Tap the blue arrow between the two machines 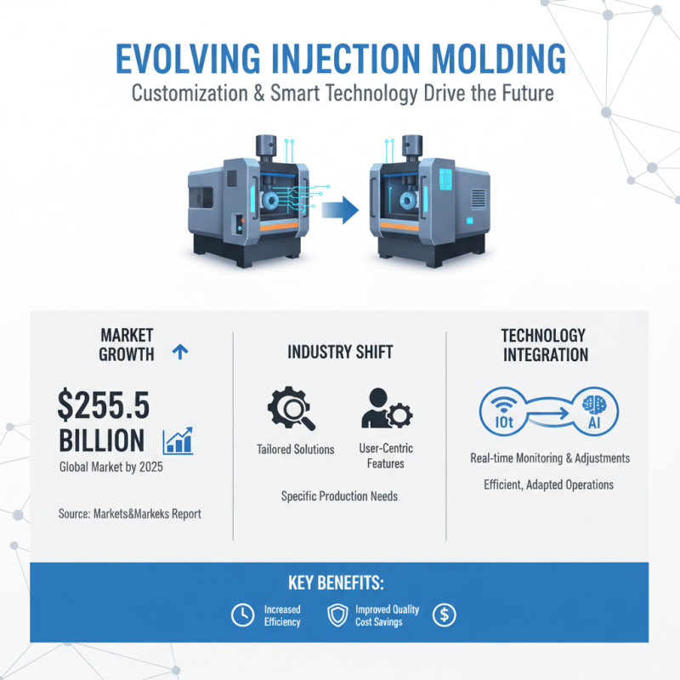[339, 209]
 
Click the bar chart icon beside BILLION [178, 439]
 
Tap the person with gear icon [386, 409]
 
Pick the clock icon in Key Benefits [242, 615]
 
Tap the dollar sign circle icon [444, 615]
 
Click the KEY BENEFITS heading [339, 584]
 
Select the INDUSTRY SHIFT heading [340, 352]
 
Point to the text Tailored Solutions [295, 449]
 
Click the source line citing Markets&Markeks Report [131, 513]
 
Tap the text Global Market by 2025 [111, 467]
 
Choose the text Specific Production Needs [339, 496]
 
